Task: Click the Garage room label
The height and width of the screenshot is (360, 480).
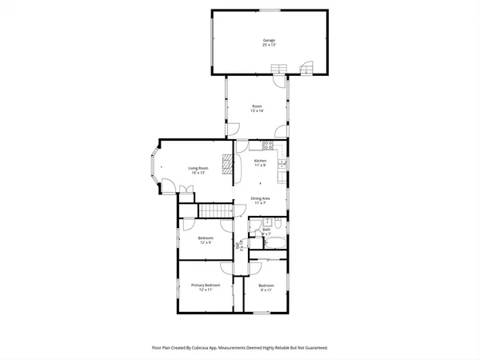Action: coord(269,42)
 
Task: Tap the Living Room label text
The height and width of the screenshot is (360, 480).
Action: coord(198,170)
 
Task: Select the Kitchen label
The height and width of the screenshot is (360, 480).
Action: coord(260,163)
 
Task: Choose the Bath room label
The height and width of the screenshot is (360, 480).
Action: coord(266,231)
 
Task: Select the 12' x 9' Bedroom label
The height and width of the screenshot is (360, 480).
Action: coord(205,240)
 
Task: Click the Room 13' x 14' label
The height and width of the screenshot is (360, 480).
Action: coord(257,108)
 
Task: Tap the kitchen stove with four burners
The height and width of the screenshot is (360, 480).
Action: coord(266,146)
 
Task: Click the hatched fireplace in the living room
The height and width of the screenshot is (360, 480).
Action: coord(228,165)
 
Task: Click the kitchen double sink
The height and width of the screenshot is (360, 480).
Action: coord(282,166)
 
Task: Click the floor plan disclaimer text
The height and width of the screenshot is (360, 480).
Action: coord(240,348)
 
